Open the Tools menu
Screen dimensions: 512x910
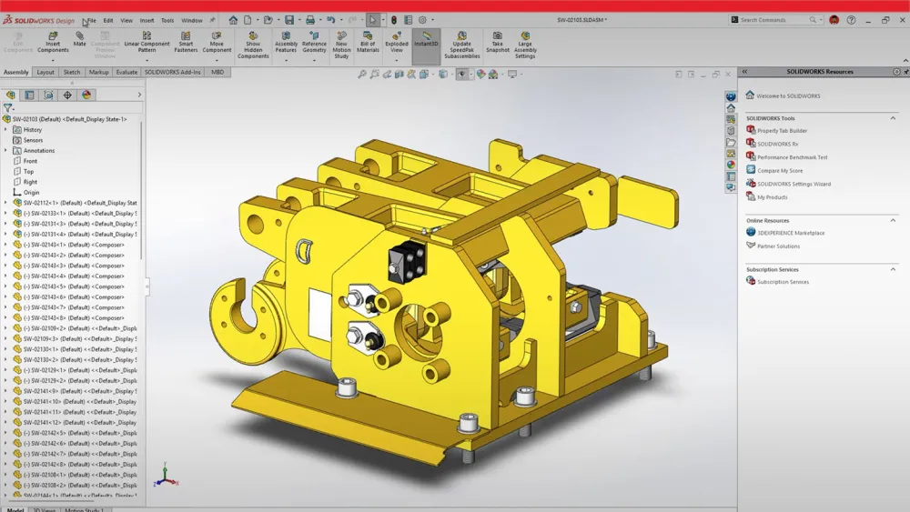coord(167,20)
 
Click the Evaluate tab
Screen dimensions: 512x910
coord(126,72)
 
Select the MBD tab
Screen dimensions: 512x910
coord(217,72)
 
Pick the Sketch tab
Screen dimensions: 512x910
coord(72,72)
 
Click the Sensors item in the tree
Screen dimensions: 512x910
coord(33,140)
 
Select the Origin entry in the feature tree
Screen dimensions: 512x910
coord(31,192)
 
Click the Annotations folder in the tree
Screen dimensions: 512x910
coord(39,151)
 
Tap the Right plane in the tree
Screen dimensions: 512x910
coord(30,182)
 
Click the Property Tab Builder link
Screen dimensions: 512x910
coord(782,130)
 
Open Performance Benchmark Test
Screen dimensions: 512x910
coord(792,157)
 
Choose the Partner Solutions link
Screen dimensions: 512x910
coord(778,246)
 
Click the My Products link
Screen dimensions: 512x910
coord(772,196)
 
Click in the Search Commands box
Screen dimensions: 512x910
coord(778,20)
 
